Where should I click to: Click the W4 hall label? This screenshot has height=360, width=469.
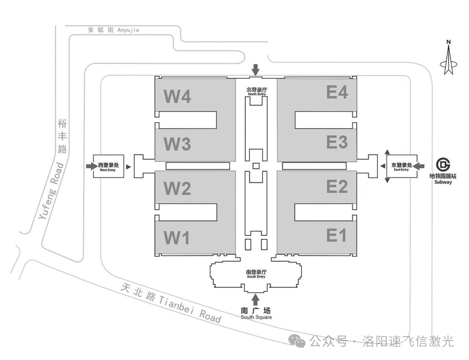[177, 96]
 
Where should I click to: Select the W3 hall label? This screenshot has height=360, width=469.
[177, 144]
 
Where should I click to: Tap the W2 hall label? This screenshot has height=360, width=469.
[177, 188]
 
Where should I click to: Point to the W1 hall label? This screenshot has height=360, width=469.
[177, 238]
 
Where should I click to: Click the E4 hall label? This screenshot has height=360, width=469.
[337, 92]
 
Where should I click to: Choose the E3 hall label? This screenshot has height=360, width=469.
[337, 142]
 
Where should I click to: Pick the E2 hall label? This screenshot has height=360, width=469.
[337, 186]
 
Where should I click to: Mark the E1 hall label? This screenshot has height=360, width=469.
[336, 235]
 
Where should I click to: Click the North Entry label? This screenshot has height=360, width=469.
[257, 92]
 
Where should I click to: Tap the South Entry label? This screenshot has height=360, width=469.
[256, 274]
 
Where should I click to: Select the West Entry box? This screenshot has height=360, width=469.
[108, 166]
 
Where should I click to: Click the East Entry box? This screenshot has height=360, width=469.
[402, 166]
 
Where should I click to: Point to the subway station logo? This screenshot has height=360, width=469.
[443, 165]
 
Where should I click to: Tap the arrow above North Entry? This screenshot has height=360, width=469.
[255, 69]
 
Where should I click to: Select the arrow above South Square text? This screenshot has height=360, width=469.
[255, 299]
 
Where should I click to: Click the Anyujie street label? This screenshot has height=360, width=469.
[113, 30]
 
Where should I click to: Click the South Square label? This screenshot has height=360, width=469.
[256, 313]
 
